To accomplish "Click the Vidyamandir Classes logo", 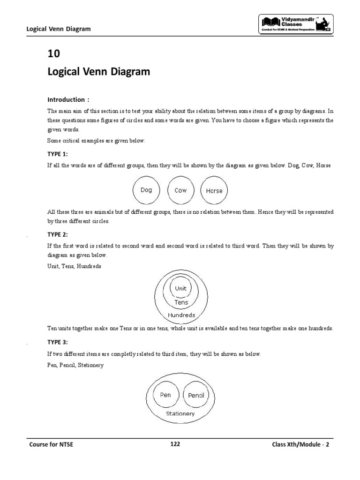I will (x=296, y=24).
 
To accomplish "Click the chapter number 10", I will (x=54, y=53).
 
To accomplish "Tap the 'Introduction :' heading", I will (x=68, y=99).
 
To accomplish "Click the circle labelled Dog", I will (x=146, y=190).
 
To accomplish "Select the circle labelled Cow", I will (x=180, y=190).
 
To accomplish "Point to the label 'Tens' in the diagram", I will (x=181, y=302).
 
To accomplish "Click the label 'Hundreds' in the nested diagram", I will (x=181, y=315).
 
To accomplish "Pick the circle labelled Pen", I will (x=165, y=395).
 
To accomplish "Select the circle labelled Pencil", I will (x=196, y=395).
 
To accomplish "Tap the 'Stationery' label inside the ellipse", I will (x=180, y=414).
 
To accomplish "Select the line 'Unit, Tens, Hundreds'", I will (x=74, y=266).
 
